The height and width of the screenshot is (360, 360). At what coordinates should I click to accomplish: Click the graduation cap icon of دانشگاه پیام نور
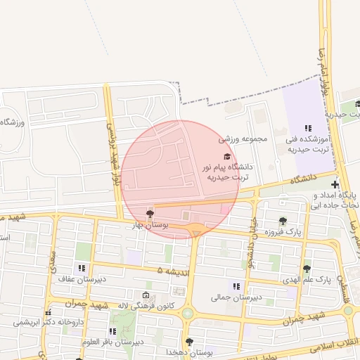pyautogui.click(x=226, y=156)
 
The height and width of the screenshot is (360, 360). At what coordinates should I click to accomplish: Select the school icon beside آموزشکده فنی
pyautogui.click(x=307, y=127)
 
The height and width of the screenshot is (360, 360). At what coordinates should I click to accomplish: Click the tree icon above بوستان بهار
pyautogui.click(x=149, y=213)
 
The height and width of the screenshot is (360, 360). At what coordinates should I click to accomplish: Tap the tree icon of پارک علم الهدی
pyautogui.click(x=307, y=268)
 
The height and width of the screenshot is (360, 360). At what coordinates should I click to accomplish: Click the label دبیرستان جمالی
pyautogui.click(x=236, y=297)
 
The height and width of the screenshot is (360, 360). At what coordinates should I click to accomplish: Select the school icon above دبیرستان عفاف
pyautogui.click(x=82, y=268)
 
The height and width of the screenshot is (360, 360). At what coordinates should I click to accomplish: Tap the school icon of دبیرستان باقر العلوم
pyautogui.click(x=112, y=331)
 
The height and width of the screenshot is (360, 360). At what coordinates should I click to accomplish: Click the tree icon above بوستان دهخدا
pyautogui.click(x=189, y=342)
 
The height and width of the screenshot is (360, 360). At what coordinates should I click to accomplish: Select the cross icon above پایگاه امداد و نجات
pyautogui.click(x=335, y=184)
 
